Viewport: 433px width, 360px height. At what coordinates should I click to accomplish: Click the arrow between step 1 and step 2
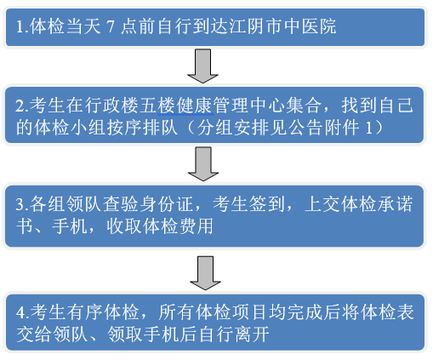click(x=202, y=66)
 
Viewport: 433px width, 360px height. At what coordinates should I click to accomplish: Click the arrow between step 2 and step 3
click(x=203, y=163)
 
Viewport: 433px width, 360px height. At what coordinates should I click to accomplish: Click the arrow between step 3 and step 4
click(x=205, y=273)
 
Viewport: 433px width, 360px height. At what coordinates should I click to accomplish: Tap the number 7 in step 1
click(x=111, y=26)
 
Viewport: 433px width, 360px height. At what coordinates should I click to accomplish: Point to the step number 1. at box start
click(x=22, y=26)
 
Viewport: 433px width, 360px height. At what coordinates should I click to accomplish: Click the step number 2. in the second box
click(x=22, y=106)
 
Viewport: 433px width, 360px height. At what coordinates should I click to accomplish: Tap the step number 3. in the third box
click(x=22, y=204)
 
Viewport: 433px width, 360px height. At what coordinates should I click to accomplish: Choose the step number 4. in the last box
click(x=23, y=312)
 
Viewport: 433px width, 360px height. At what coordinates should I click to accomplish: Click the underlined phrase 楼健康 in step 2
click(x=185, y=106)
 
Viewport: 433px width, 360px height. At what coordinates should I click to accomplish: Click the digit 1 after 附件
click(x=369, y=129)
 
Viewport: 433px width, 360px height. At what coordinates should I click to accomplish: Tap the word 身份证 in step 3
click(x=166, y=204)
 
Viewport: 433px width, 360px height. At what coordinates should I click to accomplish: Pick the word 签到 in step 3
click(x=267, y=204)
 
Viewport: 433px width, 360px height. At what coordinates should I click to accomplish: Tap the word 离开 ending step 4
click(x=251, y=334)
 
